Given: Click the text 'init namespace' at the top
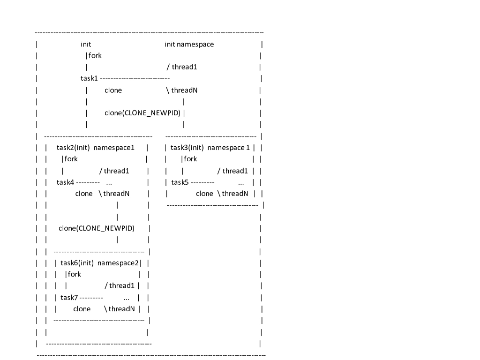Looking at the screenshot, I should [x=189, y=45].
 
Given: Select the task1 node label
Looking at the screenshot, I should [x=89, y=78].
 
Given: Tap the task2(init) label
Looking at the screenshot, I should [x=73, y=148].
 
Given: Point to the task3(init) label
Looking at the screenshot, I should [x=187, y=148].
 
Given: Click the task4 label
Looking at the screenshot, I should [x=66, y=182].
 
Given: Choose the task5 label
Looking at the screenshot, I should [x=180, y=182].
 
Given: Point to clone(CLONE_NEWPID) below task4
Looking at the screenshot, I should [x=97, y=228].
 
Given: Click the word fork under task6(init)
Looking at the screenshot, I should [x=75, y=274].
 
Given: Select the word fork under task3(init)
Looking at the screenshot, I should [x=190, y=159].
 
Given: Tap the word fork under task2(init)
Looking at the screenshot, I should [x=71, y=159].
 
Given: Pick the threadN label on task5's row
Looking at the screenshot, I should [x=235, y=194].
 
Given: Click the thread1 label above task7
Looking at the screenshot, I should [x=122, y=285].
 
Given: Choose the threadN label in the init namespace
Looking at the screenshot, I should [x=184, y=90].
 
